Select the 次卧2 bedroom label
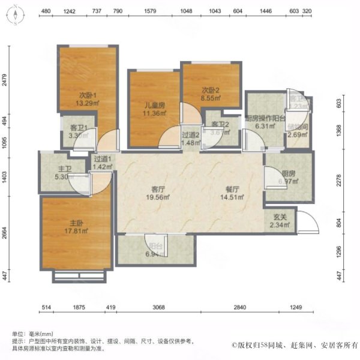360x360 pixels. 211,90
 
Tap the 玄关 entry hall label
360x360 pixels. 278,217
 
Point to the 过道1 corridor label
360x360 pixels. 103,159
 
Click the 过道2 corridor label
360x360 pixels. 191,135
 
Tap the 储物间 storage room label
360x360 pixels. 298,127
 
